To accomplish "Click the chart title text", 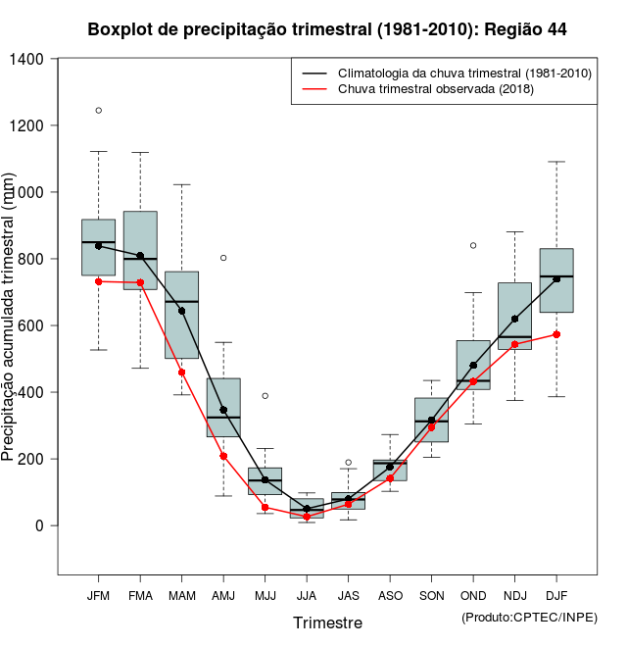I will point(326,29).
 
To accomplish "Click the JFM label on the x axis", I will point(98,595).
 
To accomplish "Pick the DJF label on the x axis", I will point(556,595).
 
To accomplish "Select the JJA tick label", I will point(307,595).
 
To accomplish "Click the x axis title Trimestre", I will point(327,622).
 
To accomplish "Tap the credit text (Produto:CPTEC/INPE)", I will point(529,617).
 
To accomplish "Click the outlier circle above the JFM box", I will point(98,110).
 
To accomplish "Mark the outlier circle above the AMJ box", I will point(223,258).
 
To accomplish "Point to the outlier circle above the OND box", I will point(473,245).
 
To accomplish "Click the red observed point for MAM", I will point(181,373).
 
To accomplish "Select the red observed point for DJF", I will point(556,334).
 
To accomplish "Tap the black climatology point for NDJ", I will point(514,319).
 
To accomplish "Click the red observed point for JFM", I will point(98,281).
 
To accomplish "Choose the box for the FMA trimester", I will point(140,250).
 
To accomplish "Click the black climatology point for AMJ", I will point(223,410).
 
